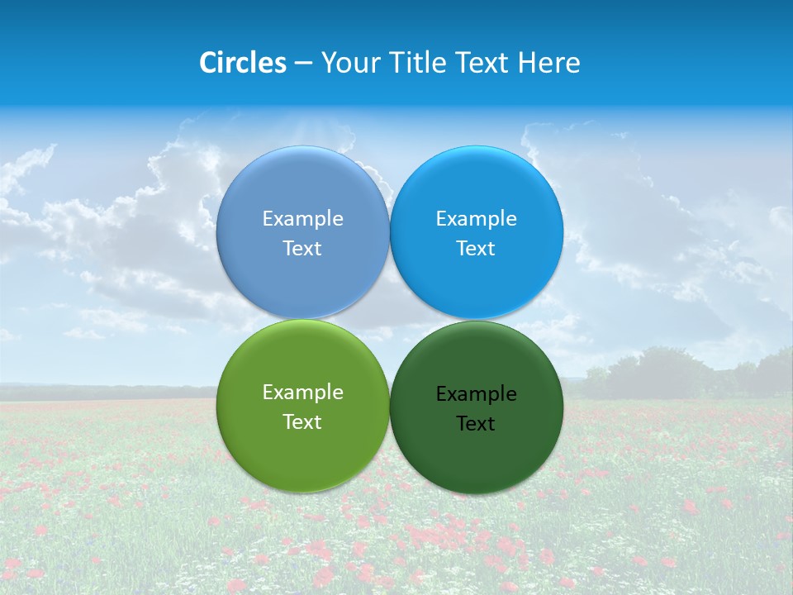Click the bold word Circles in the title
243,63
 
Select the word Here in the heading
548,63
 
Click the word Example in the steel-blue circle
302,219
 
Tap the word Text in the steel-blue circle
302,249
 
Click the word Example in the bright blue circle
476,219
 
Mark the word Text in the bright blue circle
476,249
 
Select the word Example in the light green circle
302,393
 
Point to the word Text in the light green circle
302,422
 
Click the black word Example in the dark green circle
476,394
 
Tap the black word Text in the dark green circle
476,424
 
